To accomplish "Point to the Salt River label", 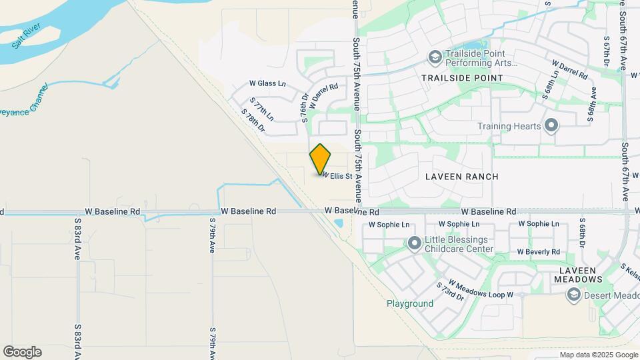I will coord(26,35).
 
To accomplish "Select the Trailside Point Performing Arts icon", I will coord(435,57).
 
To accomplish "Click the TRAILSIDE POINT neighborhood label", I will coord(462,78).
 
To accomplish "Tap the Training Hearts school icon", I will coord(551,125).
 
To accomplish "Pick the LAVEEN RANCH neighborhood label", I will coord(458,177).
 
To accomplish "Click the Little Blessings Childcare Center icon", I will coord(414,244).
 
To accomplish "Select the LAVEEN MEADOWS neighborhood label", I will coord(577,275).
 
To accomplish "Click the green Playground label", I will coord(410,304).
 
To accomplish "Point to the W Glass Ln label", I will coord(267,83).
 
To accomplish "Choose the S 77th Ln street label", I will coord(262,107).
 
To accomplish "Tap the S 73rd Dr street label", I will coord(449,293).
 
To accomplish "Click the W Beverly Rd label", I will coord(539,252).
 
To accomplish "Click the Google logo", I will coord(22,352).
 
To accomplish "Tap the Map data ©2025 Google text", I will coord(598,355).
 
